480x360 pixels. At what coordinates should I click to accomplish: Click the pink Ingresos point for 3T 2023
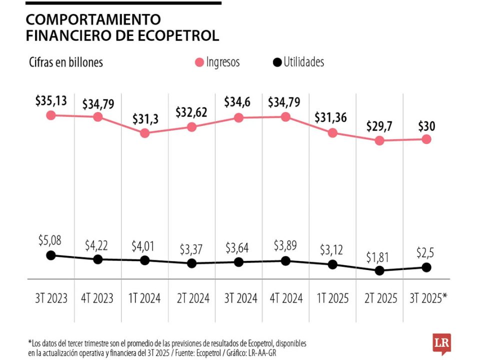[50, 115]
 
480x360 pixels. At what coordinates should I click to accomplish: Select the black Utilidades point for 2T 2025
[379, 270]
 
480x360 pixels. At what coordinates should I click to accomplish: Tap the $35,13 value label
[51, 100]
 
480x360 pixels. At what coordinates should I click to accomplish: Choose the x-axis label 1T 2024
[144, 298]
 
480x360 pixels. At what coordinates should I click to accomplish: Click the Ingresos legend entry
[217, 62]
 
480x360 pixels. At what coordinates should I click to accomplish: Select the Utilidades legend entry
[298, 62]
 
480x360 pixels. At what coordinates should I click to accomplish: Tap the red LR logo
[441, 343]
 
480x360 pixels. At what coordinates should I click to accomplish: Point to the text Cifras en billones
[65, 62]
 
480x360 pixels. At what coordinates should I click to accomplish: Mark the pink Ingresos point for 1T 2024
[144, 133]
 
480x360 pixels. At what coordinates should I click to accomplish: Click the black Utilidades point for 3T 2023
[50, 255]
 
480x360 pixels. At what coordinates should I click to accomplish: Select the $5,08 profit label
[50, 240]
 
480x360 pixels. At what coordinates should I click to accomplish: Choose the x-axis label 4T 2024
[285, 298]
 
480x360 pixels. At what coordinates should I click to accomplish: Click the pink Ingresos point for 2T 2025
[379, 140]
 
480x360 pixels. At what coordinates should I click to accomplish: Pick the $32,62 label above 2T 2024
[191, 112]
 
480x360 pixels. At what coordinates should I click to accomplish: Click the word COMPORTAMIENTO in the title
[93, 19]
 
